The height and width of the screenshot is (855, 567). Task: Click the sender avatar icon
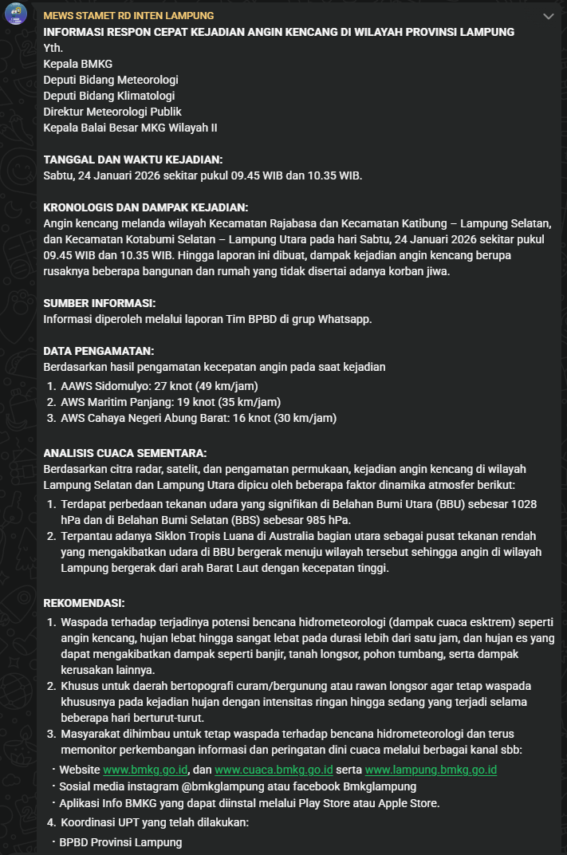pyautogui.click(x=17, y=15)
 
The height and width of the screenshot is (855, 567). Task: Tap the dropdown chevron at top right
pyautogui.click(x=548, y=16)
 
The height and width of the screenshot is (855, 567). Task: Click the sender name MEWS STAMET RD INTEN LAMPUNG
pyautogui.click(x=128, y=16)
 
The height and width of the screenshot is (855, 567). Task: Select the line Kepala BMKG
pyautogui.click(x=78, y=64)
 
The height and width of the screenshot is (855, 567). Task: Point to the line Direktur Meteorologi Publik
pyautogui.click(x=112, y=112)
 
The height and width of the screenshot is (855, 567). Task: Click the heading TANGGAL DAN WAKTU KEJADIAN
pyautogui.click(x=133, y=160)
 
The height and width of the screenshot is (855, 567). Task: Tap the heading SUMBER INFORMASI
pyautogui.click(x=100, y=303)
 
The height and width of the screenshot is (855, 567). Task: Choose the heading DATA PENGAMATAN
pyautogui.click(x=99, y=351)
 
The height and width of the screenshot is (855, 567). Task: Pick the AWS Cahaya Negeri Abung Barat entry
pyautogui.click(x=199, y=418)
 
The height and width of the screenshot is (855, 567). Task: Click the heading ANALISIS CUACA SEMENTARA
pyautogui.click(x=125, y=453)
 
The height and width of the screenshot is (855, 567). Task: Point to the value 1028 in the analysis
pyautogui.click(x=522, y=504)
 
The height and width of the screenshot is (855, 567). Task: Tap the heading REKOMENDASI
pyautogui.click(x=84, y=603)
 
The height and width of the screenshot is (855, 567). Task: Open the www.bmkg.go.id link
pyautogui.click(x=146, y=770)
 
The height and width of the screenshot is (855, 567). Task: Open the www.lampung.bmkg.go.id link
pyautogui.click(x=431, y=770)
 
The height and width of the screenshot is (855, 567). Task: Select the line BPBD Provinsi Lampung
pyautogui.click(x=120, y=842)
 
